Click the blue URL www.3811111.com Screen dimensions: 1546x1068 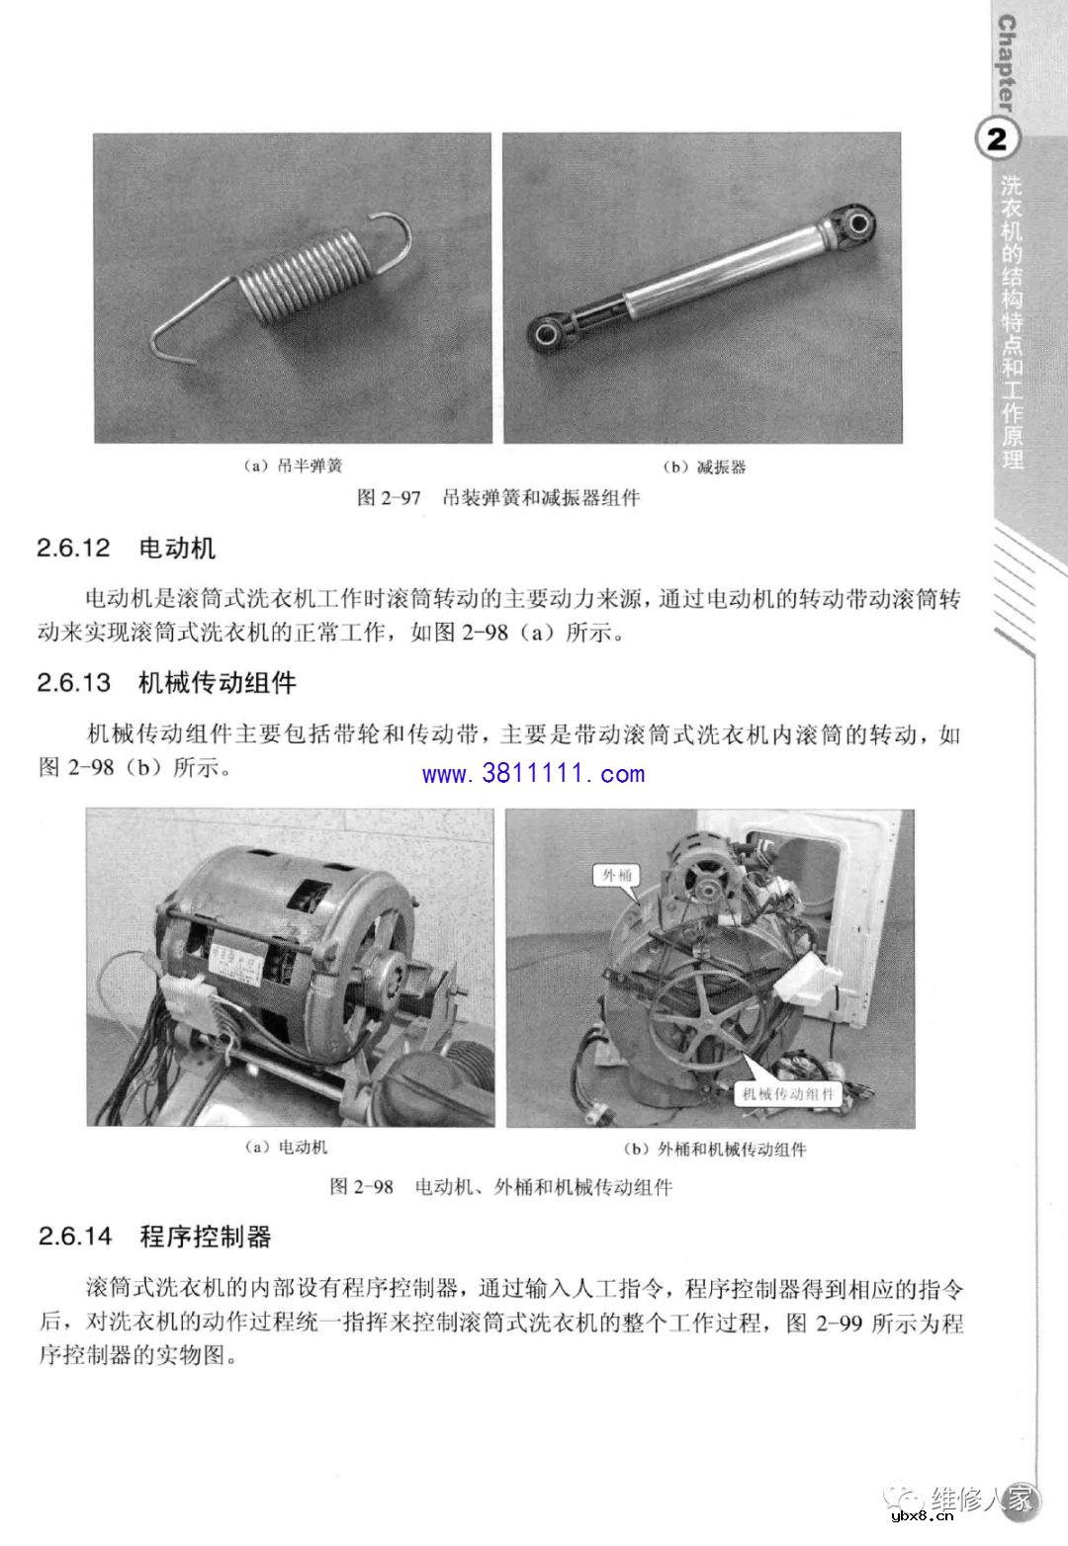[x=533, y=774]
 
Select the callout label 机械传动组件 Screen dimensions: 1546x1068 [x=788, y=1093]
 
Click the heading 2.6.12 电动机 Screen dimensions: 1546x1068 [x=126, y=548]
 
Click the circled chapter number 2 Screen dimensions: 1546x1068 [x=996, y=139]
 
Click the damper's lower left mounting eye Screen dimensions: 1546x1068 [x=545, y=334]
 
